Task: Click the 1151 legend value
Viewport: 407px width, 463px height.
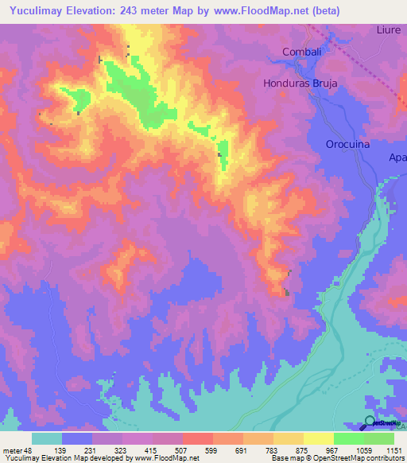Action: [x=393, y=450]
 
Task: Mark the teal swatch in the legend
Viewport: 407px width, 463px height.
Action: [x=47, y=438]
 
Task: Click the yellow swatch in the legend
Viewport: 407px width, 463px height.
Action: [x=319, y=438]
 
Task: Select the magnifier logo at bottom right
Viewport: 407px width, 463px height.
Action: [x=371, y=422]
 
